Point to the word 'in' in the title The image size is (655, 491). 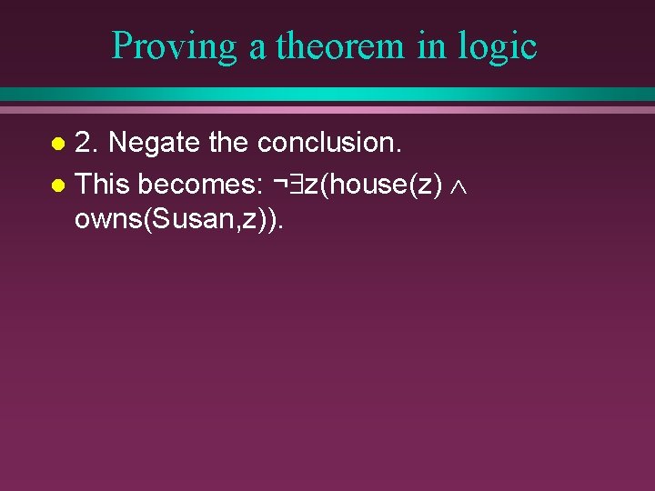click(431, 46)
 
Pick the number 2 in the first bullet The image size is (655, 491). click(84, 143)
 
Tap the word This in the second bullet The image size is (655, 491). click(103, 185)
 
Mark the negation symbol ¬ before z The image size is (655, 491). click(280, 185)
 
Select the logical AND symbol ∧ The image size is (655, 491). click(458, 185)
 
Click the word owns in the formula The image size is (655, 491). click(106, 223)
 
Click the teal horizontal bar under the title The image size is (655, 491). click(327, 95)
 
